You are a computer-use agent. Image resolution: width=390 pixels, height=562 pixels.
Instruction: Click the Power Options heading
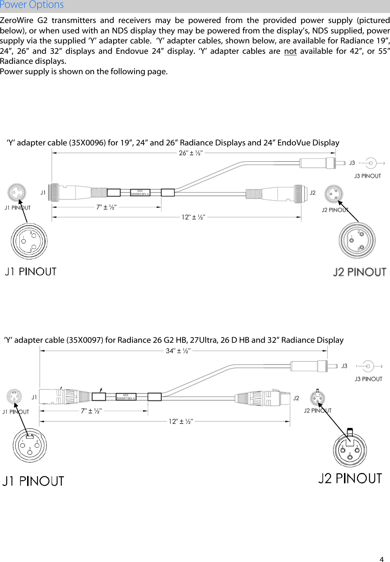(x=32, y=5)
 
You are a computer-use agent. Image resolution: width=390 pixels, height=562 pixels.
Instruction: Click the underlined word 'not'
(x=290, y=51)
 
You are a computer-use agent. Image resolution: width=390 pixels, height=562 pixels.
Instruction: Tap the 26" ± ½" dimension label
(x=191, y=153)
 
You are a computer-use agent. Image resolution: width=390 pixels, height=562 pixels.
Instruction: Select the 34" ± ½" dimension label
(x=178, y=351)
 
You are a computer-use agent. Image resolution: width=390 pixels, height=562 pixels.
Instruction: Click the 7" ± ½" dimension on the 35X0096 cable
(x=106, y=207)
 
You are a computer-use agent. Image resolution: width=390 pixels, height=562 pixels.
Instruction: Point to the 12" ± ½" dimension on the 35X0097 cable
(x=181, y=421)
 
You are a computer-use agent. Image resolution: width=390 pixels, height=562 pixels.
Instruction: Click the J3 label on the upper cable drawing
(x=352, y=163)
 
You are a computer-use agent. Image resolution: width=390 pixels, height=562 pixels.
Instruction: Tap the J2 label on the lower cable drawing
(x=296, y=398)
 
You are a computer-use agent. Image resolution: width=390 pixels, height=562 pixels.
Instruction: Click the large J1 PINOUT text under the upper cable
(x=31, y=272)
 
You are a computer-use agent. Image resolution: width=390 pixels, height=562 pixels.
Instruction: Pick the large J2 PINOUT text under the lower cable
(x=350, y=479)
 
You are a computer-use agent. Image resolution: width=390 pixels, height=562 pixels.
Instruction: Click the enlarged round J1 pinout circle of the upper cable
(x=29, y=241)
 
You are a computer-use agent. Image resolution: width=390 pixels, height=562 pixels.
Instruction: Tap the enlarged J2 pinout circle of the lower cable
(x=350, y=450)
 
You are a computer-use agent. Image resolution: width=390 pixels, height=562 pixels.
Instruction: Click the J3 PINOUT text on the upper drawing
(x=367, y=176)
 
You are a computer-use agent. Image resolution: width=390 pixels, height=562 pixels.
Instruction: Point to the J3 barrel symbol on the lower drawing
(x=368, y=366)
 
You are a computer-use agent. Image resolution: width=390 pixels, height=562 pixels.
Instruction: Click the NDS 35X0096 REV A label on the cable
(x=140, y=193)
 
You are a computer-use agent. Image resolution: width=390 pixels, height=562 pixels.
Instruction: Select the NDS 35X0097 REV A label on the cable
(x=126, y=397)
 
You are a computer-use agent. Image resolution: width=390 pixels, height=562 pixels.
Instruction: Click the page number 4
(x=381, y=559)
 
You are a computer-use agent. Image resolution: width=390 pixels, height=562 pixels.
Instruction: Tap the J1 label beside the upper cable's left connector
(x=43, y=193)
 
